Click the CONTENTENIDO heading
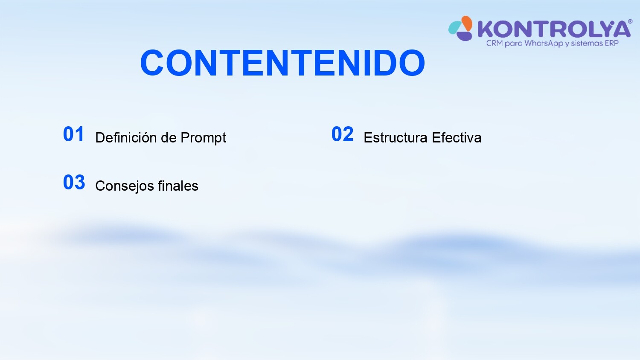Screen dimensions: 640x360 tap(282, 63)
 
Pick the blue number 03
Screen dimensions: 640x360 tap(74, 182)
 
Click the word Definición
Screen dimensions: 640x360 tap(126, 137)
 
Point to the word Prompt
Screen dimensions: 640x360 tap(203, 138)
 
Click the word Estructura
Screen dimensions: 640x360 tap(396, 137)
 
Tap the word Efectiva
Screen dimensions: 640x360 tap(457, 137)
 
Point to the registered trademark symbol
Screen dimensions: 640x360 tap(630, 22)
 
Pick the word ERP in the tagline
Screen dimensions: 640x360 tap(611, 43)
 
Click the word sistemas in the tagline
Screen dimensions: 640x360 tap(586, 43)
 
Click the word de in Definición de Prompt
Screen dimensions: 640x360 tap(169, 137)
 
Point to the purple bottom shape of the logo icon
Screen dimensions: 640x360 tap(464, 36)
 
